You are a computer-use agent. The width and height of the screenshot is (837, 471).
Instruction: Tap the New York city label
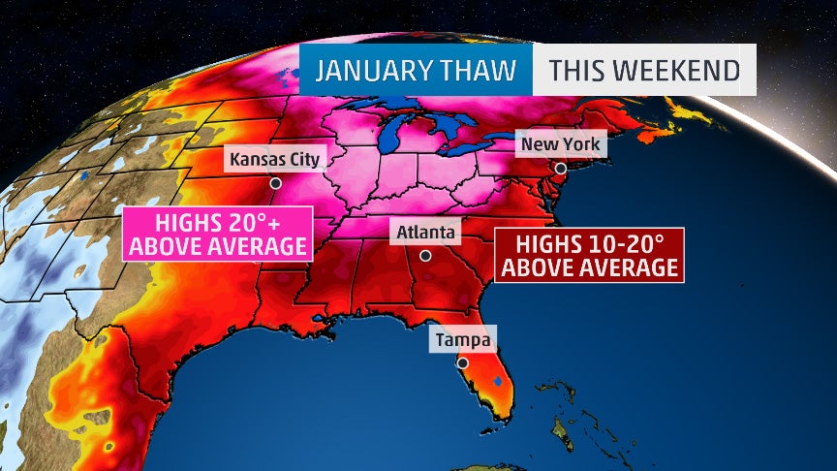[561, 144]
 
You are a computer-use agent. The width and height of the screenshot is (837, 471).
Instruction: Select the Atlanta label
[424, 233]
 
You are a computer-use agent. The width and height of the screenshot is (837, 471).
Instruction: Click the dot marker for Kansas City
[275, 182]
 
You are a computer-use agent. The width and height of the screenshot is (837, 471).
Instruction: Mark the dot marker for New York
[560, 168]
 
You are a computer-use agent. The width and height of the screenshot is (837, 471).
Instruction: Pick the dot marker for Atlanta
[424, 256]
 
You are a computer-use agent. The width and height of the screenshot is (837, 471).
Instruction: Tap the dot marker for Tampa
[463, 362]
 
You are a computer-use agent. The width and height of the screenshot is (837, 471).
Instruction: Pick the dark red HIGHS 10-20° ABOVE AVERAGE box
[589, 255]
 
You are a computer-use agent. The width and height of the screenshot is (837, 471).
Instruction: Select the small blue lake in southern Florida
[497, 382]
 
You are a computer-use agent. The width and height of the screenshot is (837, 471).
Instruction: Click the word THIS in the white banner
[582, 71]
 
